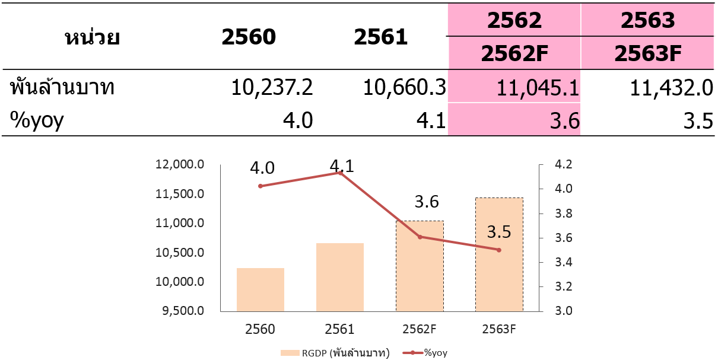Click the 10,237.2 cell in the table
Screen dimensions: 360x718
click(x=272, y=87)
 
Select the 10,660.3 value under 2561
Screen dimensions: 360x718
click(x=405, y=87)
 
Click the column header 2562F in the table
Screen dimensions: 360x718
click(x=514, y=53)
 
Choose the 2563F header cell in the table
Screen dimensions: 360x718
click(x=647, y=53)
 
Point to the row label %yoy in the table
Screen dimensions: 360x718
click(x=37, y=120)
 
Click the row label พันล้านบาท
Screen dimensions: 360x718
click(x=62, y=88)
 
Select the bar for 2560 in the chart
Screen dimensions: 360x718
click(x=260, y=289)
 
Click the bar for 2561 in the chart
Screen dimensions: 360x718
click(x=340, y=277)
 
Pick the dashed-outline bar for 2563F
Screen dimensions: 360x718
click(x=499, y=254)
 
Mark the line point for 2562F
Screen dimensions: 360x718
click(x=420, y=237)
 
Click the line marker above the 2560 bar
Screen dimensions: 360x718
click(x=260, y=186)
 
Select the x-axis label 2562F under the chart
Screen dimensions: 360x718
click(x=420, y=329)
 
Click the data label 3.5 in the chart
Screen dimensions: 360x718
click(x=499, y=232)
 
